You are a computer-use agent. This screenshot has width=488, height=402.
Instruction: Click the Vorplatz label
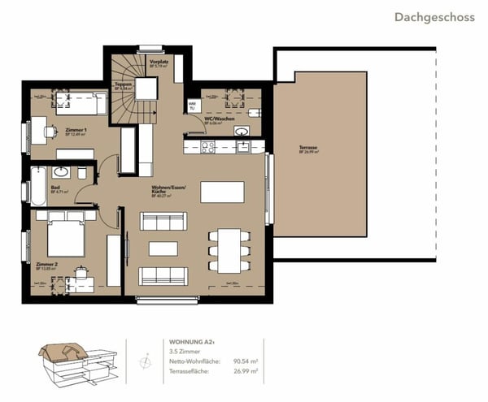click(x=158, y=60)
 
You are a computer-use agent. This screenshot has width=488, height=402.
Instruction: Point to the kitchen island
click(x=222, y=191)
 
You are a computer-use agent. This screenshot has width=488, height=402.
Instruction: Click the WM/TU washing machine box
click(x=193, y=106)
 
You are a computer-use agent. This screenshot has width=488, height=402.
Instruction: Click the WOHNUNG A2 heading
click(x=194, y=342)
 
